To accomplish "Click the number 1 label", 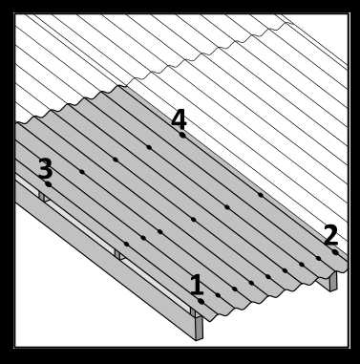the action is [197, 285].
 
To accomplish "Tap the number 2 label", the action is [330, 235].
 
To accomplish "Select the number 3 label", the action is [45, 168].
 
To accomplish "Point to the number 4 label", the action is [179, 120].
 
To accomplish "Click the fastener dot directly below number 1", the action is [201, 301].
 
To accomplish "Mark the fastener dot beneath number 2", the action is [335, 252].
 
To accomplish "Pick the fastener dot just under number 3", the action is [49, 184].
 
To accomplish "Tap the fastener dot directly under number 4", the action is [182, 135].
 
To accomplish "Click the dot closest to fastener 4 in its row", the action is [149, 147].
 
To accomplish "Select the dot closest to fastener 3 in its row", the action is [82, 172].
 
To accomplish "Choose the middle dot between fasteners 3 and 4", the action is [116, 160].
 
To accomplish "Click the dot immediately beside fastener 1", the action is [218, 295].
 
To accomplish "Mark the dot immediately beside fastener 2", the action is [318, 258].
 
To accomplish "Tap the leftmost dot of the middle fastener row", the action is [126, 244].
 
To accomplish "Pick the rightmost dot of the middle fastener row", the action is [261, 195].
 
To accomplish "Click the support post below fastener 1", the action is [199, 327].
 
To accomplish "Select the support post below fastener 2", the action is [333, 281].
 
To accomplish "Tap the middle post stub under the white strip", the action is [118, 255].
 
